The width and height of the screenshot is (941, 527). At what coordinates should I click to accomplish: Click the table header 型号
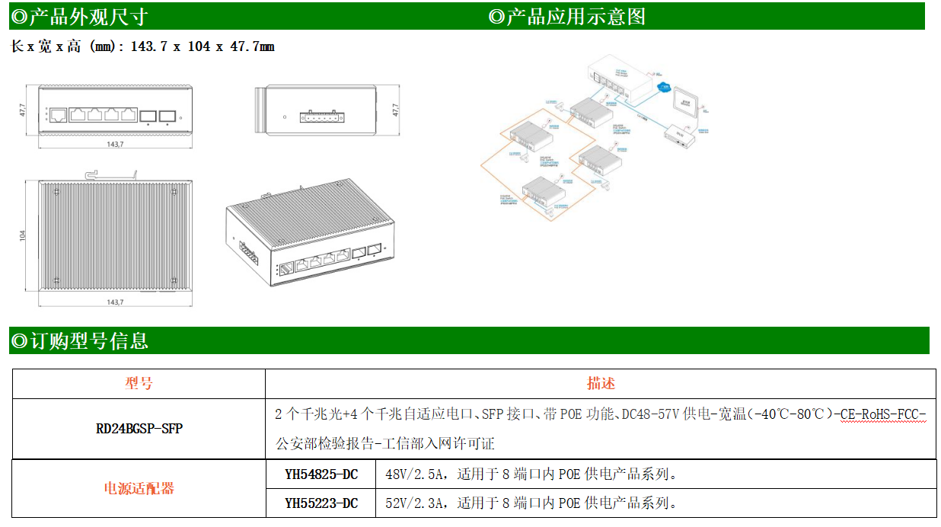[139, 383]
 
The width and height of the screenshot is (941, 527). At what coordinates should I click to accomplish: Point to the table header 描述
[601, 383]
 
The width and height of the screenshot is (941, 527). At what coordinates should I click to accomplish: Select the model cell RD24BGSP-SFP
[139, 429]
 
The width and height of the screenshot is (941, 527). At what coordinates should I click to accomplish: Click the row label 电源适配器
[139, 488]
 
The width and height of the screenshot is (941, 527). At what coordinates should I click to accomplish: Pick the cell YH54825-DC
[321, 474]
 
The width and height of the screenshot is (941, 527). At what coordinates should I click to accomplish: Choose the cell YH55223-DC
[321, 503]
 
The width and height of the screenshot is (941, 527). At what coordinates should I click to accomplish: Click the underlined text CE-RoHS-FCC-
[883, 414]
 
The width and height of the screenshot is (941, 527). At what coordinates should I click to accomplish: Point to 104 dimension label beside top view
[23, 236]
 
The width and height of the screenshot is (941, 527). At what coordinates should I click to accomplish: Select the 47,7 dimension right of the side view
[395, 110]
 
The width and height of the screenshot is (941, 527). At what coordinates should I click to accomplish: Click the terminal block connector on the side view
[320, 117]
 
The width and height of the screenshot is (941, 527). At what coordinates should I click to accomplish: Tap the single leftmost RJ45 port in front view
[58, 115]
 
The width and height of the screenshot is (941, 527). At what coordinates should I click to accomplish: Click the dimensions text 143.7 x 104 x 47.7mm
[203, 46]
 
